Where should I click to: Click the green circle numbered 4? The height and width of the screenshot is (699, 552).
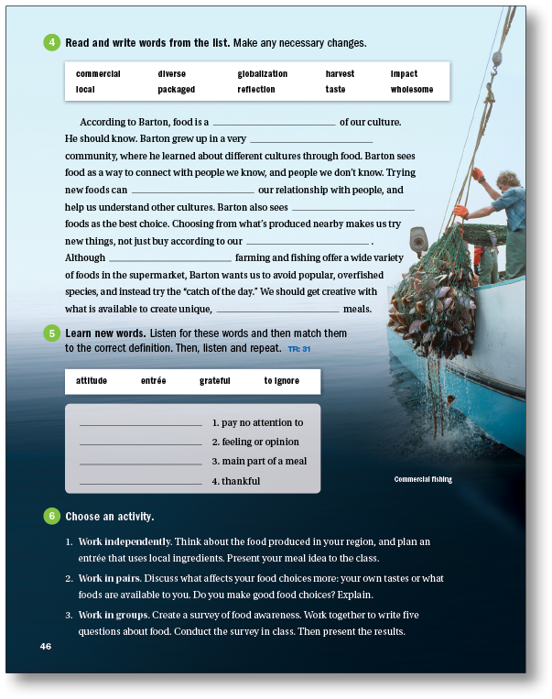pos(51,42)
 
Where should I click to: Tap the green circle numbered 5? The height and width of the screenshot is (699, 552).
pos(51,334)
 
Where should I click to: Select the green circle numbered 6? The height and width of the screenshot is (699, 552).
pos(51,516)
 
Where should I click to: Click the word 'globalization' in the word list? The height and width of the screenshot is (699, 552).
pos(262,74)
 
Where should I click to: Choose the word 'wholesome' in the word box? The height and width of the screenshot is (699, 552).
pos(411,90)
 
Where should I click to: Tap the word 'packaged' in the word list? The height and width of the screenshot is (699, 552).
pos(176,90)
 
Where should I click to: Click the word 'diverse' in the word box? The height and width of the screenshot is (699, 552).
pos(171,74)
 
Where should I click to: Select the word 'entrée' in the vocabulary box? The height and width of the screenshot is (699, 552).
pos(153,380)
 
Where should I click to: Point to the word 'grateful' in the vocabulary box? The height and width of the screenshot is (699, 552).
pos(214,380)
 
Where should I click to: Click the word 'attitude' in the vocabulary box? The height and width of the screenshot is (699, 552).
pos(92,380)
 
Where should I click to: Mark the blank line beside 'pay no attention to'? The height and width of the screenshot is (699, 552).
pos(141,424)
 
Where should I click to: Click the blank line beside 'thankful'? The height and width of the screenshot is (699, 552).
pos(141,482)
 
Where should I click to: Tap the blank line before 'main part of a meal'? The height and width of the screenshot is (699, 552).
pos(141,463)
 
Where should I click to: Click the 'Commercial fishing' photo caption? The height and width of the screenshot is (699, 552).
pos(423,479)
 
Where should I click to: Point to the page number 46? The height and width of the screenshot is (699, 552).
pos(46,647)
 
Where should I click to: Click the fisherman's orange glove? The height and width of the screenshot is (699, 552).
pos(476,174)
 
